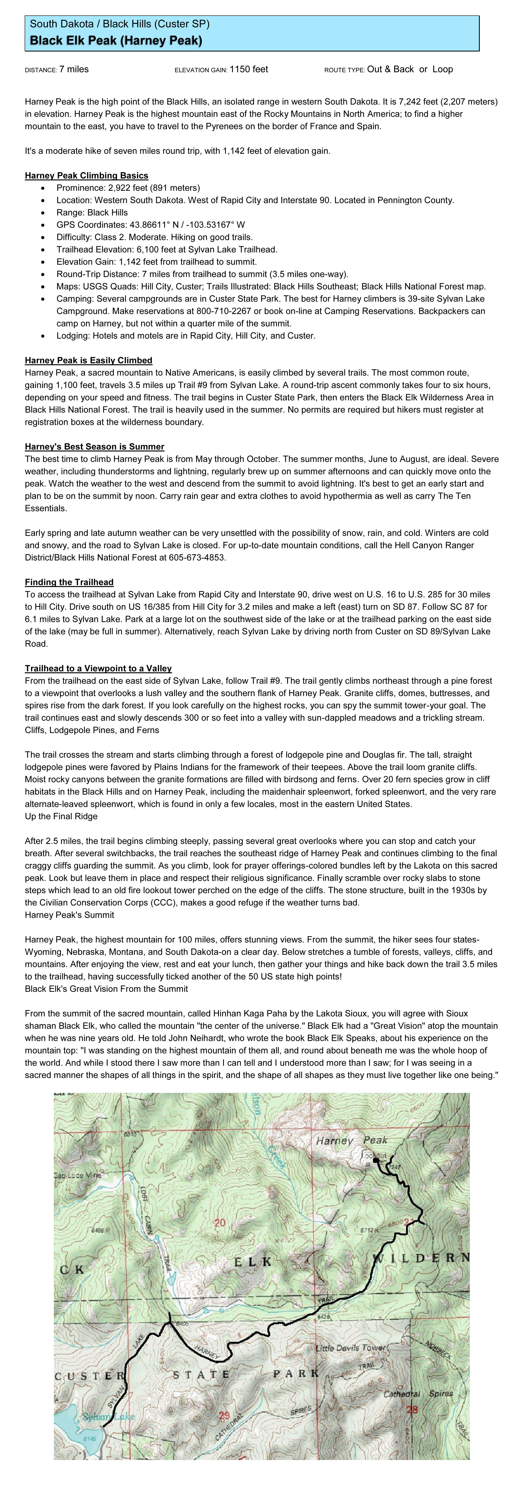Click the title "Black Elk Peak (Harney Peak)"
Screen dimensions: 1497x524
click(x=116, y=41)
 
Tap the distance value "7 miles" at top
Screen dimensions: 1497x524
click(x=74, y=69)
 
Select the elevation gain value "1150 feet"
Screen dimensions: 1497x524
click(x=249, y=69)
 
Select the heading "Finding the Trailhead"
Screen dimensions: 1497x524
click(x=69, y=582)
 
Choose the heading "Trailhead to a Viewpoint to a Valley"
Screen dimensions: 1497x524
click(x=98, y=668)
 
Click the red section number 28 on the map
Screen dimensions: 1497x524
click(x=412, y=1409)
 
